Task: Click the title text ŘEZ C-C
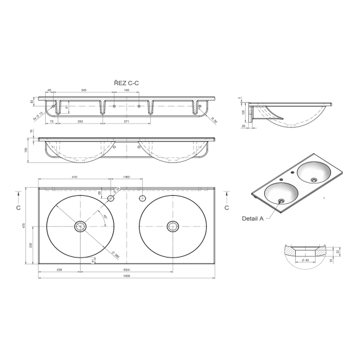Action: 127,82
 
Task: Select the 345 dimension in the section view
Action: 83,91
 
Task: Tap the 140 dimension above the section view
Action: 127,91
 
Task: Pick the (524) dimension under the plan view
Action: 127,270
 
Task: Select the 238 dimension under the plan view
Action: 59,270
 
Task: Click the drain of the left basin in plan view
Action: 79,227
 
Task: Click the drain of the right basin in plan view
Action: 172,227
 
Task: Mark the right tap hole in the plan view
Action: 142,198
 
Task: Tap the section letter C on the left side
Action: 19,209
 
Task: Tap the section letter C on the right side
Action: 227,209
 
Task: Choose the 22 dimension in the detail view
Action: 338,251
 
